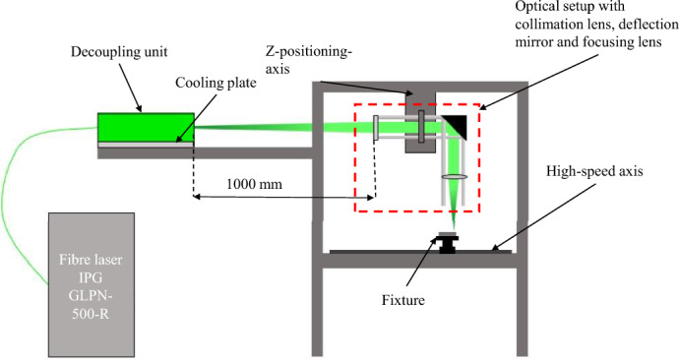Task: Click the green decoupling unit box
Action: [145, 126]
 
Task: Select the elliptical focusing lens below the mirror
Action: [455, 177]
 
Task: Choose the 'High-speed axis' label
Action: [594, 172]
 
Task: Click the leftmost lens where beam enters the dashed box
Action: [375, 128]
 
